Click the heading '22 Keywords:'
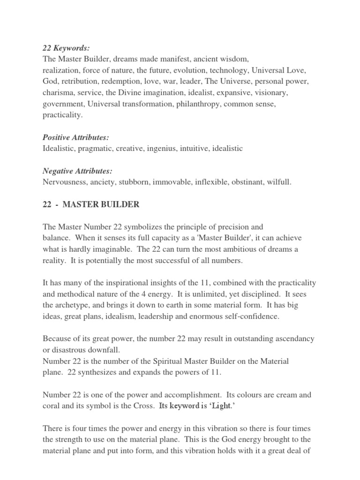(x=66, y=48)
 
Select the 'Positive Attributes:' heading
(x=75, y=137)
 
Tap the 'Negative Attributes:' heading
(x=77, y=171)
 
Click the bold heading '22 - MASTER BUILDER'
(x=91, y=204)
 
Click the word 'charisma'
(x=58, y=93)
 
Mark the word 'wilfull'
(x=278, y=182)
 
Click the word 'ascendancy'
(x=293, y=338)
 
